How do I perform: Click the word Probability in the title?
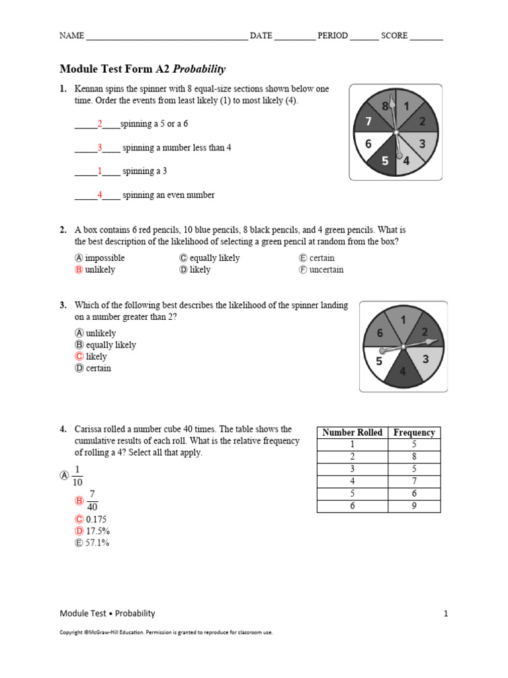tap(199, 69)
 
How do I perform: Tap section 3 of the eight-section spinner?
tap(422, 144)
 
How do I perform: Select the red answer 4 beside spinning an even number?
tap(100, 195)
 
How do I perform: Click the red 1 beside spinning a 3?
tap(100, 171)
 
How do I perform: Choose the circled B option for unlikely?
tap(79, 270)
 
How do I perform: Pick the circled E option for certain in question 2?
tap(303, 258)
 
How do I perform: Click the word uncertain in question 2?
tap(326, 270)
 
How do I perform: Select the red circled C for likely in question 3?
tap(79, 357)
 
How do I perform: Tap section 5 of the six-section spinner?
tap(380, 362)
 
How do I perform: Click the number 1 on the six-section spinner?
tap(403, 320)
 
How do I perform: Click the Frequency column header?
tap(414, 433)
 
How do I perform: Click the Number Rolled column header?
tap(352, 433)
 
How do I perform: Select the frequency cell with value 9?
tap(414, 507)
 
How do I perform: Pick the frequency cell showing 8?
tap(414, 457)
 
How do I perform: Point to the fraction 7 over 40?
tap(92, 501)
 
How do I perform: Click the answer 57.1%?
tap(97, 543)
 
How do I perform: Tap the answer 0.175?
tap(97, 520)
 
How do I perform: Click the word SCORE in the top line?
tap(394, 36)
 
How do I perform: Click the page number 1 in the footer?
tap(446, 614)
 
